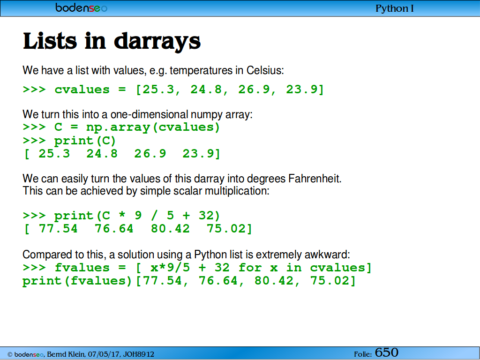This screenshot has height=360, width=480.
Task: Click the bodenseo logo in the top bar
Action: click(82, 7)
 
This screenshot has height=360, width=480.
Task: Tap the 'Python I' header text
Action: click(395, 8)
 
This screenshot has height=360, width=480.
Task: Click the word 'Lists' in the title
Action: click(50, 41)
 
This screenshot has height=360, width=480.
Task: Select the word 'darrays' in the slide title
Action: click(157, 41)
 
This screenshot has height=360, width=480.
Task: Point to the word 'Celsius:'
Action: click(265, 70)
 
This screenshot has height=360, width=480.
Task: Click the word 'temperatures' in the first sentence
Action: click(201, 71)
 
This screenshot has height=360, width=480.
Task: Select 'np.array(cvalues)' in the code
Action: click(153, 127)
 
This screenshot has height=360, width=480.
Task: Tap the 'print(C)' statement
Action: click(85, 141)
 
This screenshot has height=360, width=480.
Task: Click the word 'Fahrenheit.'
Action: click(315, 179)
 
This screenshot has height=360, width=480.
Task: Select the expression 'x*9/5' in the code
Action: click(170, 268)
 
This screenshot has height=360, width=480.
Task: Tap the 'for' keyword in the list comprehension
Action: click(250, 268)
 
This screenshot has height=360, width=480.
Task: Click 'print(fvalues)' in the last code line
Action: click(77, 281)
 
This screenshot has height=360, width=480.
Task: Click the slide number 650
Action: click(387, 352)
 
